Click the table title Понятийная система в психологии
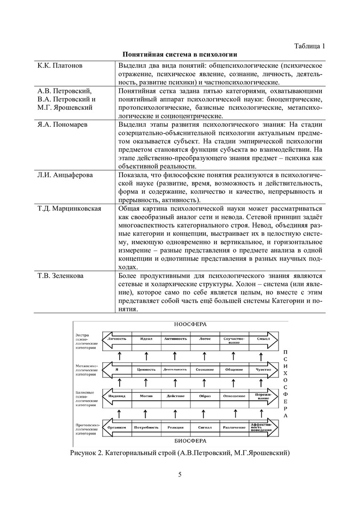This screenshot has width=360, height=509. click(x=180, y=55)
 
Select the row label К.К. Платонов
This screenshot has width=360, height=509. click(x=60, y=65)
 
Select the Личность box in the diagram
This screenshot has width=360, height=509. click(x=117, y=339)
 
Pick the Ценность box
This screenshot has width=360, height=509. click(x=146, y=369)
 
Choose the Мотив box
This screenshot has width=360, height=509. click(x=146, y=396)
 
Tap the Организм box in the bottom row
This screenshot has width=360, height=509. click(x=116, y=427)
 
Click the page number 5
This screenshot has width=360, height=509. click(x=180, y=474)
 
